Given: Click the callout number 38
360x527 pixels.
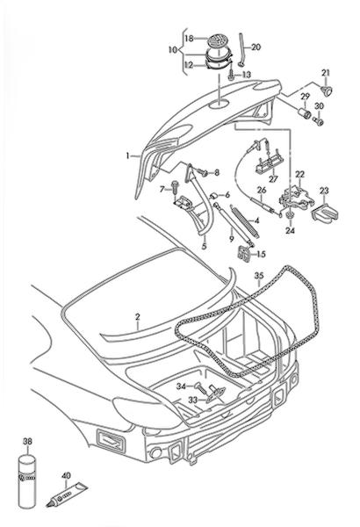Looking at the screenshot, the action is pyautogui.click(x=27, y=441).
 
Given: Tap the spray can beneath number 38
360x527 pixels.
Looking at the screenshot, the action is pyautogui.click(x=27, y=481).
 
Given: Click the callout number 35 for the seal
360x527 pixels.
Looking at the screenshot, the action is pyautogui.click(x=259, y=276).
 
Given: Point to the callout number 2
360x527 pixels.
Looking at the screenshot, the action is pyautogui.click(x=138, y=317).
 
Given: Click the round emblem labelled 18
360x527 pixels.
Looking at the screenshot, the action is pyautogui.click(x=217, y=41).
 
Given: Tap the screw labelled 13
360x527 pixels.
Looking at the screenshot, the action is pyautogui.click(x=232, y=75).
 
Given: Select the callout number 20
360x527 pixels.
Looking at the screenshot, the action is pyautogui.click(x=256, y=47).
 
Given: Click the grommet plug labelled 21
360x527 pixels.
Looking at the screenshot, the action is pyautogui.click(x=326, y=90).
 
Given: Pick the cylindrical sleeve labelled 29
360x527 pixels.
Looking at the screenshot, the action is pyautogui.click(x=305, y=113).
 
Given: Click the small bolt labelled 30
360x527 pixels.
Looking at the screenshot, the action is pyautogui.click(x=318, y=121).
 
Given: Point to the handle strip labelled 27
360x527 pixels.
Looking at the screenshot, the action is pyautogui.click(x=268, y=166).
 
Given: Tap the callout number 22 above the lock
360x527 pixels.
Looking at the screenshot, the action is pyautogui.click(x=299, y=175).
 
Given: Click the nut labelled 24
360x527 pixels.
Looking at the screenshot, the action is pyautogui.click(x=289, y=216).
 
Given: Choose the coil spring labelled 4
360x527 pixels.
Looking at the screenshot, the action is pyautogui.click(x=245, y=221).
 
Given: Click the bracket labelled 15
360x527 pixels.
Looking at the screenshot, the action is pyautogui.click(x=243, y=254).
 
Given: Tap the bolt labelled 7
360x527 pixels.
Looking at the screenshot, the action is pyautogui.click(x=175, y=187).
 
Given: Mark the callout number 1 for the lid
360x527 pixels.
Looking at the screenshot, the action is pyautogui.click(x=127, y=155).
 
